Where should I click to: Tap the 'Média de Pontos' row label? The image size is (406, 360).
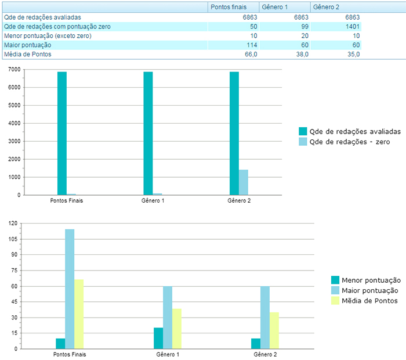(x=28, y=54)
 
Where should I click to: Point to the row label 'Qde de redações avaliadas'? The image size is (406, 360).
(x=42, y=17)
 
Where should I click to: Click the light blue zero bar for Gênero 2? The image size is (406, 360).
(x=244, y=182)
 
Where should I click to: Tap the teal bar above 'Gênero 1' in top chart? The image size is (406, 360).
(x=148, y=134)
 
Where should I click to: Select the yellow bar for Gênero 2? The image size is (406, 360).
(x=274, y=330)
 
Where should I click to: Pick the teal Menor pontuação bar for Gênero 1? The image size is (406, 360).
(x=158, y=338)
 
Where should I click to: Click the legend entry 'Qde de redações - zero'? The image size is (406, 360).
(x=349, y=141)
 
